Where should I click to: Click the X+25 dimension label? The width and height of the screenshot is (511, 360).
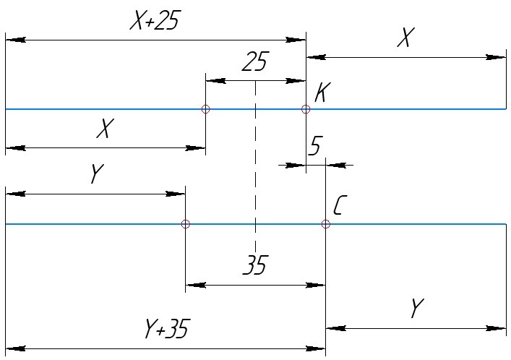(154, 22)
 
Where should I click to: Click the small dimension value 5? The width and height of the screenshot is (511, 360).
(314, 147)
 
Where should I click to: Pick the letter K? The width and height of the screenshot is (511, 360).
(323, 93)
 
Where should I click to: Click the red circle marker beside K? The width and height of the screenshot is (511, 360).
(306, 109)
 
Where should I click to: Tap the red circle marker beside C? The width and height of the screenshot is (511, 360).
(326, 224)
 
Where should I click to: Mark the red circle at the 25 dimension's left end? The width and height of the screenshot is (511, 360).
(206, 109)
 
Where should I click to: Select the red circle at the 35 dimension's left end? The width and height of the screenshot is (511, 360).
(186, 224)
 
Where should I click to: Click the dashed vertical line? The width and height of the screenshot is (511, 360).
(255, 166)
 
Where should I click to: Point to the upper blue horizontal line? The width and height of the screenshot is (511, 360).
(108, 109)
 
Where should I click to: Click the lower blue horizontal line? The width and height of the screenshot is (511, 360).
(108, 224)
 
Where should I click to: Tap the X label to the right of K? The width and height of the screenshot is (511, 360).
(405, 38)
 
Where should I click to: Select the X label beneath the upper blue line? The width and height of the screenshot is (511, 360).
(106, 129)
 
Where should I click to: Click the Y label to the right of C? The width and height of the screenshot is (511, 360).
(415, 309)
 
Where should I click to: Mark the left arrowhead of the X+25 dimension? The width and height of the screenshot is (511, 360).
(14, 40)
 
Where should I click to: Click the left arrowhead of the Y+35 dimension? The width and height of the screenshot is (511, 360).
(14, 348)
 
